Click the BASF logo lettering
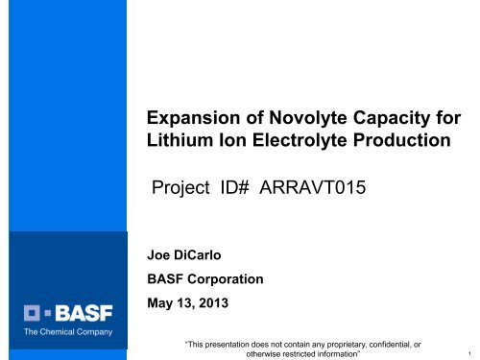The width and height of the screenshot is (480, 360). pyautogui.click(x=80, y=311)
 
